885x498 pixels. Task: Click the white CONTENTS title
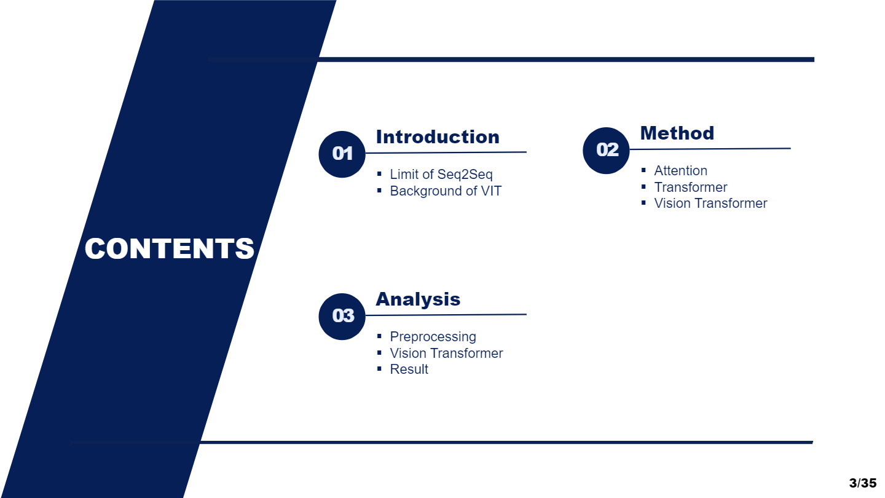click(170, 248)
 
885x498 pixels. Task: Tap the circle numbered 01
click(342, 154)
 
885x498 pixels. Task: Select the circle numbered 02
click(606, 151)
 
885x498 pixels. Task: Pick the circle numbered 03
click(342, 317)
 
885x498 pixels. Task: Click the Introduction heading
click(438, 137)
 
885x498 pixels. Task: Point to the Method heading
click(677, 133)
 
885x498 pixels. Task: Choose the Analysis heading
click(418, 299)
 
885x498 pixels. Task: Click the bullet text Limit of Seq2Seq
click(441, 175)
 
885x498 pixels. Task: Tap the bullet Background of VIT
click(446, 191)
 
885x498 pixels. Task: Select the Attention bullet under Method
click(681, 171)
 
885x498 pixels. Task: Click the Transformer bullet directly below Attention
click(691, 187)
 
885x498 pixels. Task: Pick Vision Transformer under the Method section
click(710, 203)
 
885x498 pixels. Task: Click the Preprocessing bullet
click(433, 337)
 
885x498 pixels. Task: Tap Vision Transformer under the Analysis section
click(446, 353)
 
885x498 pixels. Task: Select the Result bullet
click(409, 369)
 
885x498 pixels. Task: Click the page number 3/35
click(863, 483)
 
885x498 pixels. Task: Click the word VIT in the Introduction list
click(491, 191)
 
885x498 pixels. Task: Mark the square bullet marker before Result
click(379, 369)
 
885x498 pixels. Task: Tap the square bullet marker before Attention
click(643, 170)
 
